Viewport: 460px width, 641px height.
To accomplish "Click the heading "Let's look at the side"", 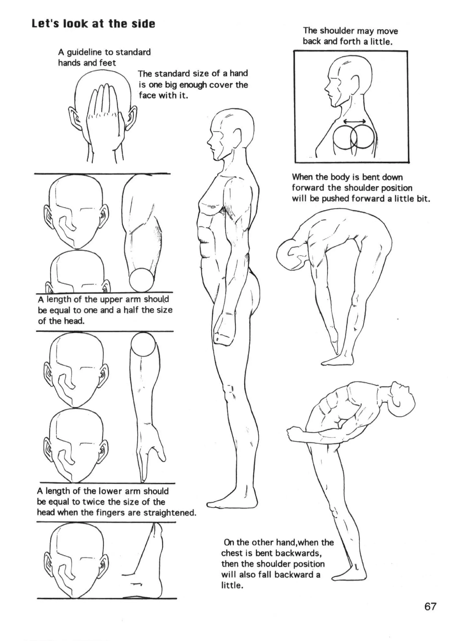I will click(93, 24).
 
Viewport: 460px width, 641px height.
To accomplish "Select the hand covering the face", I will click(104, 113).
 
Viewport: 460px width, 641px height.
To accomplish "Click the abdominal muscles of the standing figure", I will click(205, 237).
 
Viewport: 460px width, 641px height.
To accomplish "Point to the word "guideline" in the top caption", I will click(84, 52).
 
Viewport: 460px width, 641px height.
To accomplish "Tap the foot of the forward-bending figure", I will click(338, 362).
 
